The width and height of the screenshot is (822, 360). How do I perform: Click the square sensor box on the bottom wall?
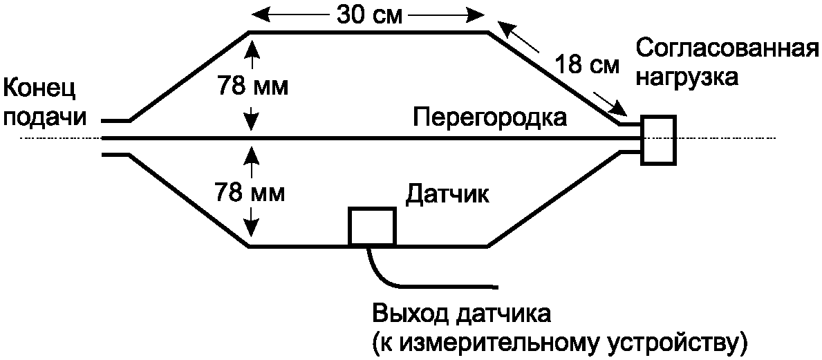point(373,226)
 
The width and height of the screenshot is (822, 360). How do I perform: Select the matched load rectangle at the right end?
point(658,140)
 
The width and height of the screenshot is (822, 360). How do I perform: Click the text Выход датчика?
point(462,314)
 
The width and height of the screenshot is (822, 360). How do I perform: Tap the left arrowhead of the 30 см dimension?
point(256,13)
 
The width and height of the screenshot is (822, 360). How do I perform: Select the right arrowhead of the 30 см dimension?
point(478,13)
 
